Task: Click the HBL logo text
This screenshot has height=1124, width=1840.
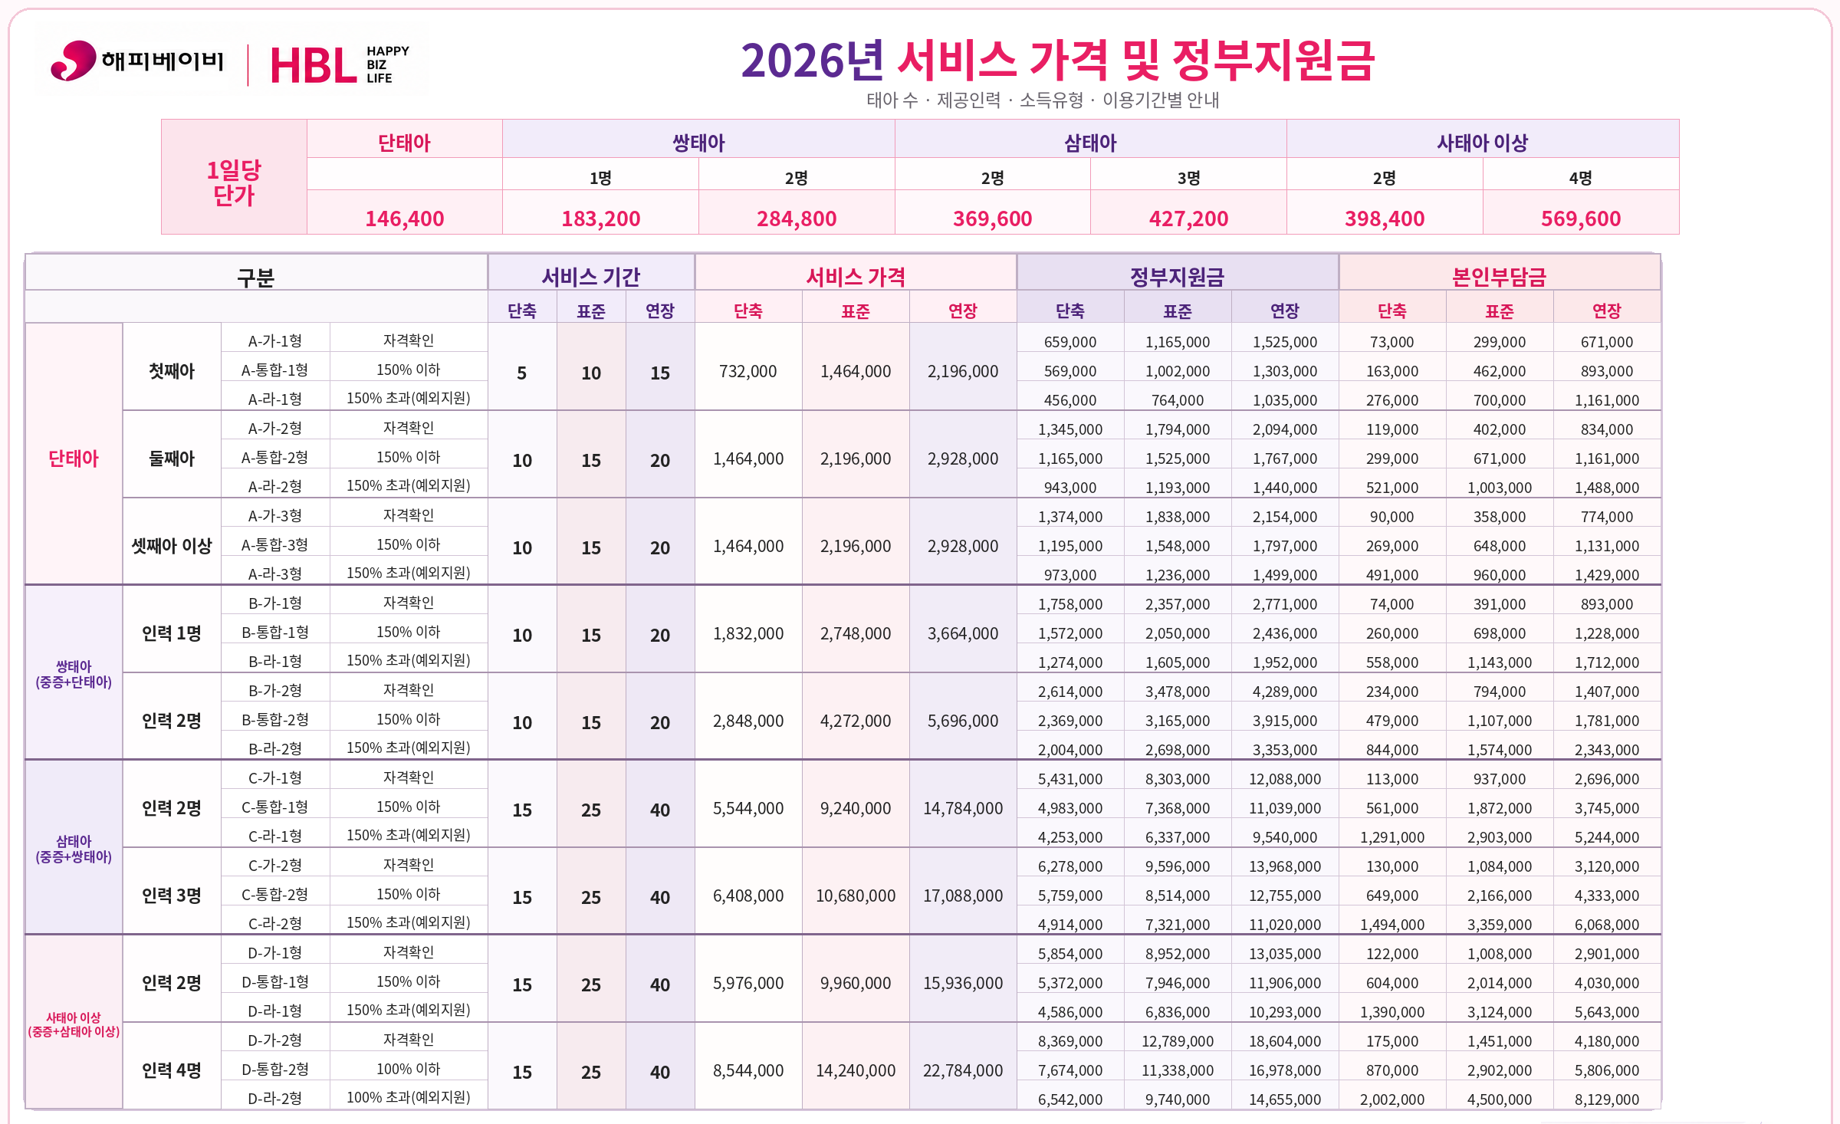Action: click(313, 66)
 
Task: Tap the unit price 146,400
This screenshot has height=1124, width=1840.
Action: click(405, 219)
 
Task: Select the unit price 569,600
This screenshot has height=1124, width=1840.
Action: click(1581, 219)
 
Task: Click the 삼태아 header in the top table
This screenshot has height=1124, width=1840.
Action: click(1090, 143)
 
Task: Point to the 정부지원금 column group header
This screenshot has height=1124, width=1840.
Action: click(1178, 277)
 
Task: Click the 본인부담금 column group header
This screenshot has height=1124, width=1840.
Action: click(1500, 277)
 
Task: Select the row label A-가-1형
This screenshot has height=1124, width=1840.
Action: click(275, 340)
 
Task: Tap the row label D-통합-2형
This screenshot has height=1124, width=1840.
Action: click(275, 1069)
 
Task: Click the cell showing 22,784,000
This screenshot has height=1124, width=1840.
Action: click(963, 1070)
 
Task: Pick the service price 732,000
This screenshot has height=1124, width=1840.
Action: click(748, 371)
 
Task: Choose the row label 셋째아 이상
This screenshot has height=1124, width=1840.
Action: click(172, 546)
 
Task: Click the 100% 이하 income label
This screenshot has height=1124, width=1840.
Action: click(409, 1069)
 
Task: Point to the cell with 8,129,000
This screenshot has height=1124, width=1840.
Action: click(1607, 1099)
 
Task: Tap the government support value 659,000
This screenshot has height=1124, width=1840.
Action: click(1070, 342)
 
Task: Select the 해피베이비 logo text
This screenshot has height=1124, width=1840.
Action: click(163, 60)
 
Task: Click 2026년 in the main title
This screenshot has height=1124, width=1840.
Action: click(813, 61)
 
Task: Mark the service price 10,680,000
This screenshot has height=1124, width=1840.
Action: click(856, 896)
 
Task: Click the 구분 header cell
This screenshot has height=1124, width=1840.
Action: click(255, 277)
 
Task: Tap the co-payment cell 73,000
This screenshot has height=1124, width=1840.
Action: click(1392, 342)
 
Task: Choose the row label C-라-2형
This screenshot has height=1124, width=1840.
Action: click(275, 923)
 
